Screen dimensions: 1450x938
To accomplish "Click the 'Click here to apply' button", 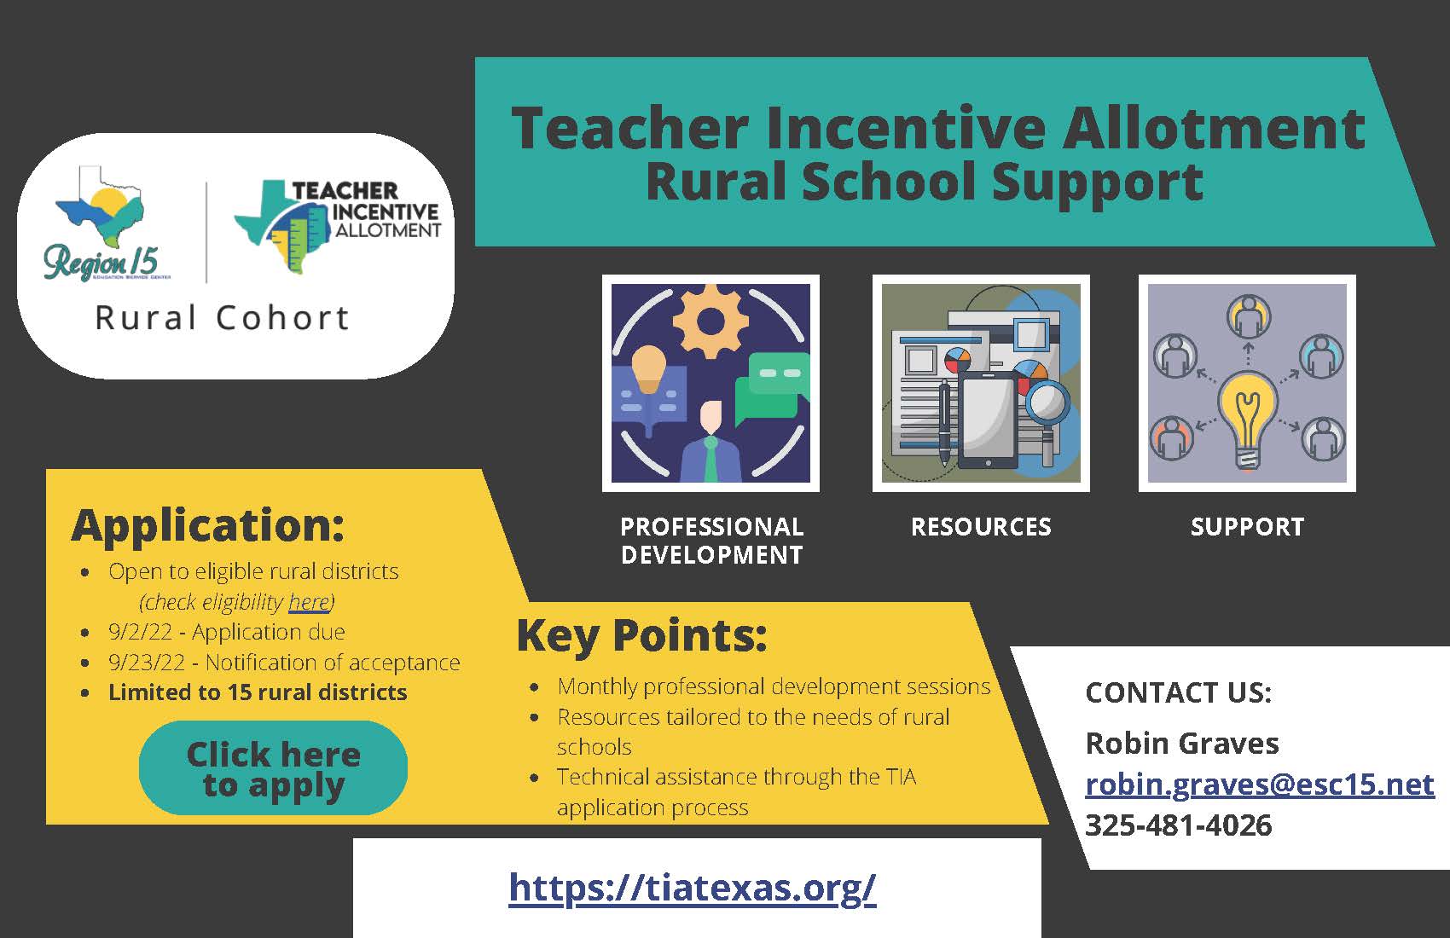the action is tap(273, 767).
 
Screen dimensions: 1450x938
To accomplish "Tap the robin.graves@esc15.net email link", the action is tap(1260, 784).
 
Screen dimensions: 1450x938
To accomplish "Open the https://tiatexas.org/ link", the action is tap(692, 887).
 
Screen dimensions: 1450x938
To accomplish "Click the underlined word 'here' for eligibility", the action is tap(309, 602).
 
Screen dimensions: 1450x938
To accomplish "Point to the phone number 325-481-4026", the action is tap(1179, 825).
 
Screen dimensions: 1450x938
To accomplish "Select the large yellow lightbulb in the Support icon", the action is tap(1247, 420).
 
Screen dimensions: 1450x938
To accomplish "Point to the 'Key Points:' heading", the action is tap(641, 636).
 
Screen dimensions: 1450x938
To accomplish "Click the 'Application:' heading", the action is tap(208, 525).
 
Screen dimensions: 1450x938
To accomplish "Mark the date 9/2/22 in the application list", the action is tap(141, 632).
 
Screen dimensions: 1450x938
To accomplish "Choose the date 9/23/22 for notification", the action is tap(147, 663).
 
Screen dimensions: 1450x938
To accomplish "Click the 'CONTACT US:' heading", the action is tap(1178, 692).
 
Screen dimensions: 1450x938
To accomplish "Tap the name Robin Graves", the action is tap(1182, 743).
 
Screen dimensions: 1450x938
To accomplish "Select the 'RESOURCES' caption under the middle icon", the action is tap(981, 527).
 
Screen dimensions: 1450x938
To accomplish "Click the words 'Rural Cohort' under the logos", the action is tap(222, 318).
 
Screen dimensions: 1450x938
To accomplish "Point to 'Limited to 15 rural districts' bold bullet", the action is tap(258, 692).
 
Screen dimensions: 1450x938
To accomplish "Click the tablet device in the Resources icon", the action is tap(987, 421).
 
